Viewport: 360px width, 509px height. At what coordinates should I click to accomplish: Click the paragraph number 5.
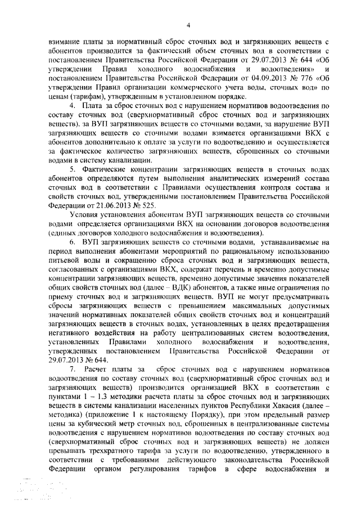click(x=71, y=168)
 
